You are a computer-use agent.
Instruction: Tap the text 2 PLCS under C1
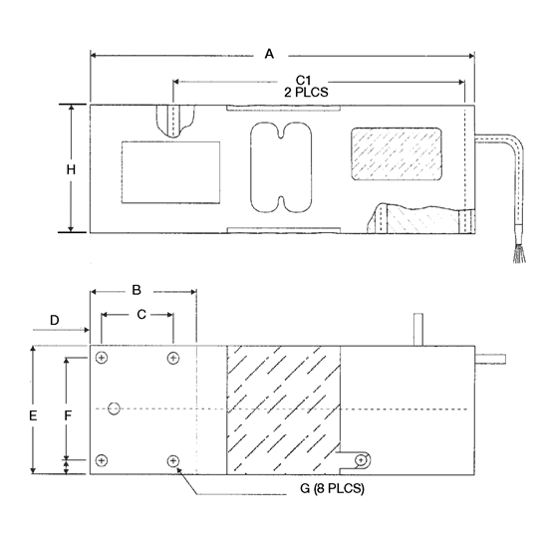coord(307,92)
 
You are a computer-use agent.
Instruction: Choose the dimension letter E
coord(33,413)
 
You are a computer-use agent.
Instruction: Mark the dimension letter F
coord(67,411)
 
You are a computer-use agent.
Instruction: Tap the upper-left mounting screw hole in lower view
coord(102,358)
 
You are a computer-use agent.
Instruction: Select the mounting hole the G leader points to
coord(174,461)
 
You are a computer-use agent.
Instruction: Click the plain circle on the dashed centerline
coord(115,408)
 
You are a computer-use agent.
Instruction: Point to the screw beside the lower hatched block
coord(362,459)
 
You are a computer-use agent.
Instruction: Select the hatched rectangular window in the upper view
coord(398,155)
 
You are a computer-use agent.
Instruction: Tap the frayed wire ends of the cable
coord(517,257)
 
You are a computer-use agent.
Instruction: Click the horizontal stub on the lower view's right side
coord(489,356)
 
